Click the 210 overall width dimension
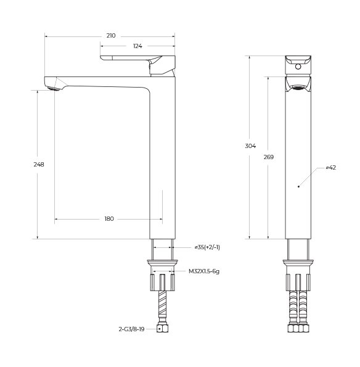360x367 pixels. [x=111, y=36]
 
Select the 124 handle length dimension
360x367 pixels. [x=137, y=47]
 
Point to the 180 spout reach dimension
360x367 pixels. [x=108, y=219]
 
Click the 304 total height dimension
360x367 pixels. [x=250, y=146]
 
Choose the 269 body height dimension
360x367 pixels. [x=268, y=157]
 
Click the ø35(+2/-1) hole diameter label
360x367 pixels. [x=207, y=247]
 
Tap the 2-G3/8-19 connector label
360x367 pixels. [x=132, y=329]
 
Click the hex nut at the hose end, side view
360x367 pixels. [x=163, y=329]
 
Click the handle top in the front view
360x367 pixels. [x=299, y=63]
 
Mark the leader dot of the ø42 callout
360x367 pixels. [x=298, y=185]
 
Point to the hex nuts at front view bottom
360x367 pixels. [x=299, y=328]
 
